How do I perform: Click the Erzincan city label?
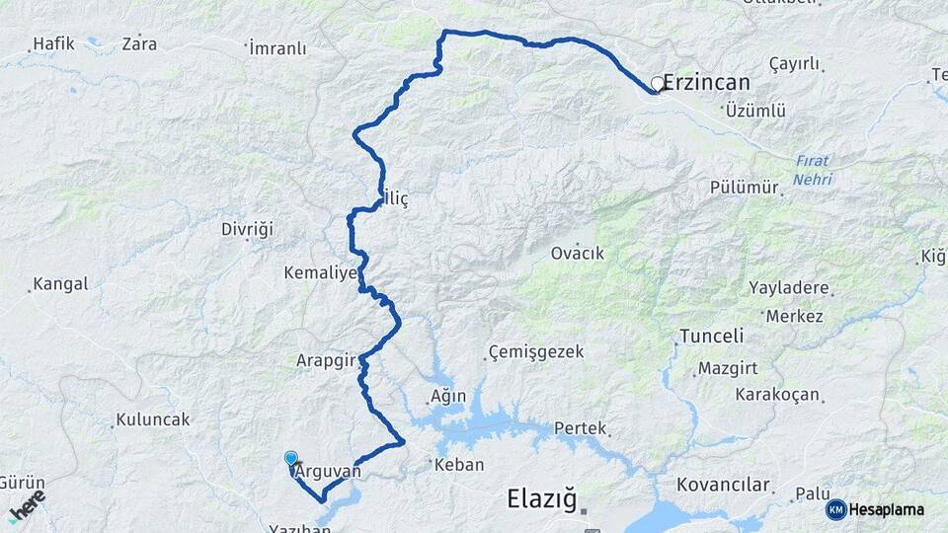pyautogui.click(x=706, y=83)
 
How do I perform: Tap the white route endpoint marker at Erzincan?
pyautogui.click(x=657, y=85)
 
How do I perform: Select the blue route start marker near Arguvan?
pyautogui.click(x=290, y=459)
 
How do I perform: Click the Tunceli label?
pyautogui.click(x=711, y=337)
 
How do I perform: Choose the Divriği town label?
pyautogui.click(x=246, y=229)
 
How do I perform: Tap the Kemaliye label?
pyautogui.click(x=320, y=271)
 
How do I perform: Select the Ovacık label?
pyautogui.click(x=578, y=254)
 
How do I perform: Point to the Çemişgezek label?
pyautogui.click(x=536, y=352)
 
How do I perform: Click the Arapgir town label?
pyautogui.click(x=325, y=361)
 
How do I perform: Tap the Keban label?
pyautogui.click(x=459, y=464)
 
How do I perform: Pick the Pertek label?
pyautogui.click(x=579, y=429)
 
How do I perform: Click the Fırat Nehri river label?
pyautogui.click(x=812, y=170)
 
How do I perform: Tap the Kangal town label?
pyautogui.click(x=60, y=284)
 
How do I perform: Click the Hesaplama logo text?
pyautogui.click(x=887, y=509)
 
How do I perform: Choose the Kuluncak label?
pyautogui.click(x=152, y=419)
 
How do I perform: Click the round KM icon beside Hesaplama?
pyautogui.click(x=835, y=509)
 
